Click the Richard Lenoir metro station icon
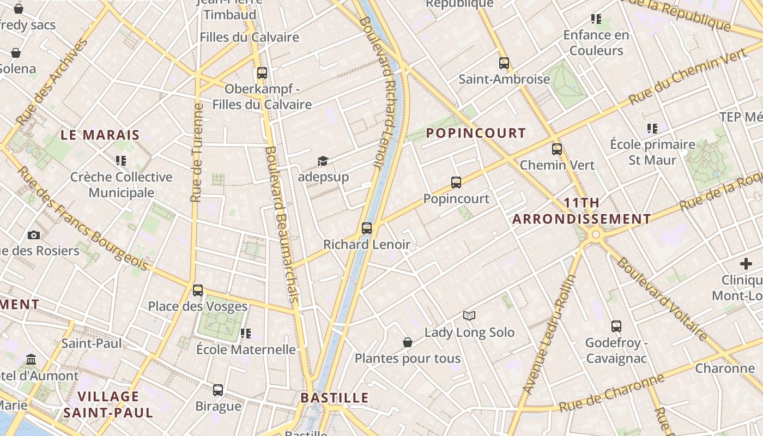pyautogui.click(x=367, y=228)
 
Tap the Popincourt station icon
pyautogui.click(x=456, y=183)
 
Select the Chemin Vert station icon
pyautogui.click(x=557, y=149)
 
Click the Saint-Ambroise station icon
pyautogui.click(x=504, y=63)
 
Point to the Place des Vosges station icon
pyautogui.click(x=198, y=290)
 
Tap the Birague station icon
pyautogui.click(x=218, y=390)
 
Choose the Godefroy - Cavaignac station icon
pyautogui.click(x=616, y=326)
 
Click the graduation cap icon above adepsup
pyautogui.click(x=323, y=161)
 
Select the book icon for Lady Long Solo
pyautogui.click(x=469, y=316)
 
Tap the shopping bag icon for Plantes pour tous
pyautogui.click(x=408, y=342)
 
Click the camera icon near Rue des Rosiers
pyautogui.click(x=34, y=235)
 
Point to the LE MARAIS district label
pyautogui.click(x=100, y=135)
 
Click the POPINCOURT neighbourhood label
pyautogui.click(x=476, y=133)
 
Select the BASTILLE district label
pyautogui.click(x=335, y=397)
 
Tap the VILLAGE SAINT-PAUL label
pyautogui.click(x=108, y=404)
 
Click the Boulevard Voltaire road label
pyautogui.click(x=662, y=299)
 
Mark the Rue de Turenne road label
pyautogui.click(x=197, y=153)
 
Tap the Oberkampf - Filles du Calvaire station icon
pyautogui.click(x=262, y=72)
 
